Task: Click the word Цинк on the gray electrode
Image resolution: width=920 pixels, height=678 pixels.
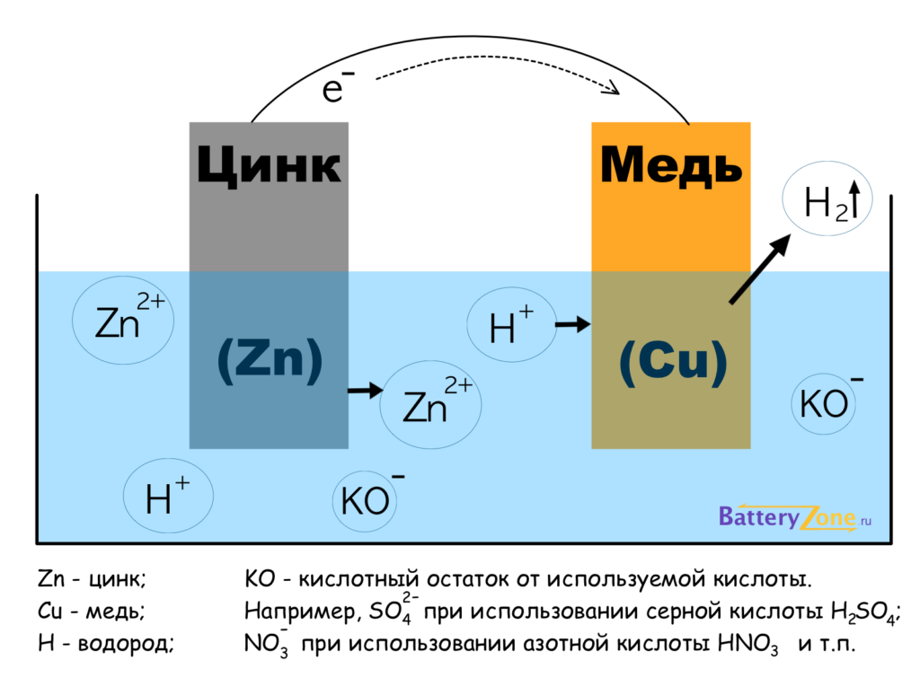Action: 269,166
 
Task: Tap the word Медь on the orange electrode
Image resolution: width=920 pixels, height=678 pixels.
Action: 671,166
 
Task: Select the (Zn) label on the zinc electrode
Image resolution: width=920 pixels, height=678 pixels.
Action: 269,361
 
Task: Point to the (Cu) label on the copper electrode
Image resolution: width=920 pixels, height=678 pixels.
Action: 671,361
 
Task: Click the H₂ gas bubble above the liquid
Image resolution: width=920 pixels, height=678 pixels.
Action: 827,202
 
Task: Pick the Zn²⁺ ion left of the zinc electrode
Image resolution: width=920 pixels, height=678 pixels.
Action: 124,321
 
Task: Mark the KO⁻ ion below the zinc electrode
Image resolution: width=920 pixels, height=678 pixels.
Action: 369,499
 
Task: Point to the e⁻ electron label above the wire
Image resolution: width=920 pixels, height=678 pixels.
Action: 336,88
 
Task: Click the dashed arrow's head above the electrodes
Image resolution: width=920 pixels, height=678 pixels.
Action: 613,89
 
